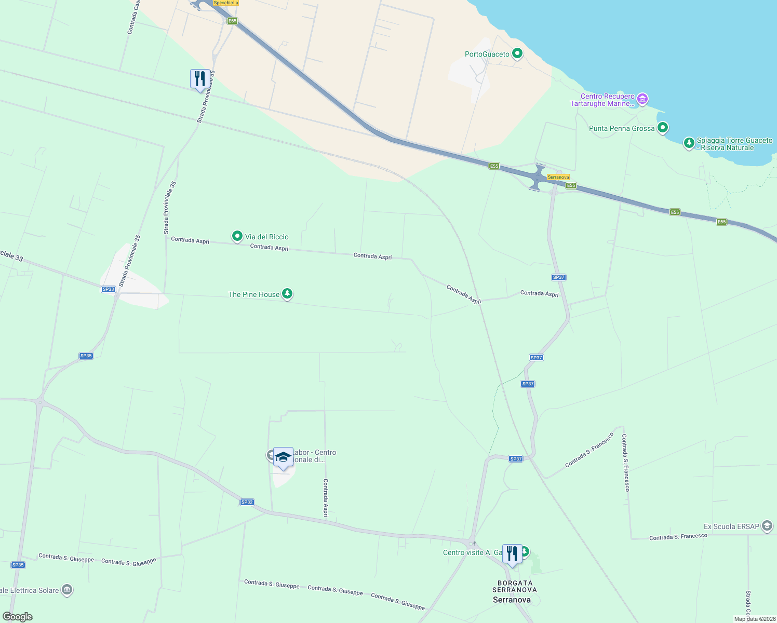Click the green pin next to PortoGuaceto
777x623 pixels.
(517, 53)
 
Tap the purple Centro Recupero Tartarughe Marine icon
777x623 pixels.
(642, 99)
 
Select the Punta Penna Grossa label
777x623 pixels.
(622, 128)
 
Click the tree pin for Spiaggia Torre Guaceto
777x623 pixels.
(689, 142)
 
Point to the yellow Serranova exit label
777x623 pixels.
(558, 177)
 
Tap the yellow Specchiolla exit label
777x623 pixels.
(226, 3)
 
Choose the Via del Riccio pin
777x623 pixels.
(237, 236)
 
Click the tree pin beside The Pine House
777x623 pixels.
(287, 294)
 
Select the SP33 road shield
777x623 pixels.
(108, 289)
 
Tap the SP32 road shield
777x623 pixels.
(247, 502)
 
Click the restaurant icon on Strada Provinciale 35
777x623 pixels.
(200, 79)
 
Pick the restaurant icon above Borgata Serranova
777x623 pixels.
(512, 554)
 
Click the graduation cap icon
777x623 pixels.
(283, 457)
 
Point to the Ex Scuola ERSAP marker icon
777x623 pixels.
(767, 526)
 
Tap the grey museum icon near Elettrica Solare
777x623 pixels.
(66, 590)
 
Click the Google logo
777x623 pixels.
(17, 617)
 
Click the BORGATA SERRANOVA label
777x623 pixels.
(514, 586)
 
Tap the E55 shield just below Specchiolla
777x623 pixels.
(232, 21)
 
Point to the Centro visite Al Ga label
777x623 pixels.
(472, 552)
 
